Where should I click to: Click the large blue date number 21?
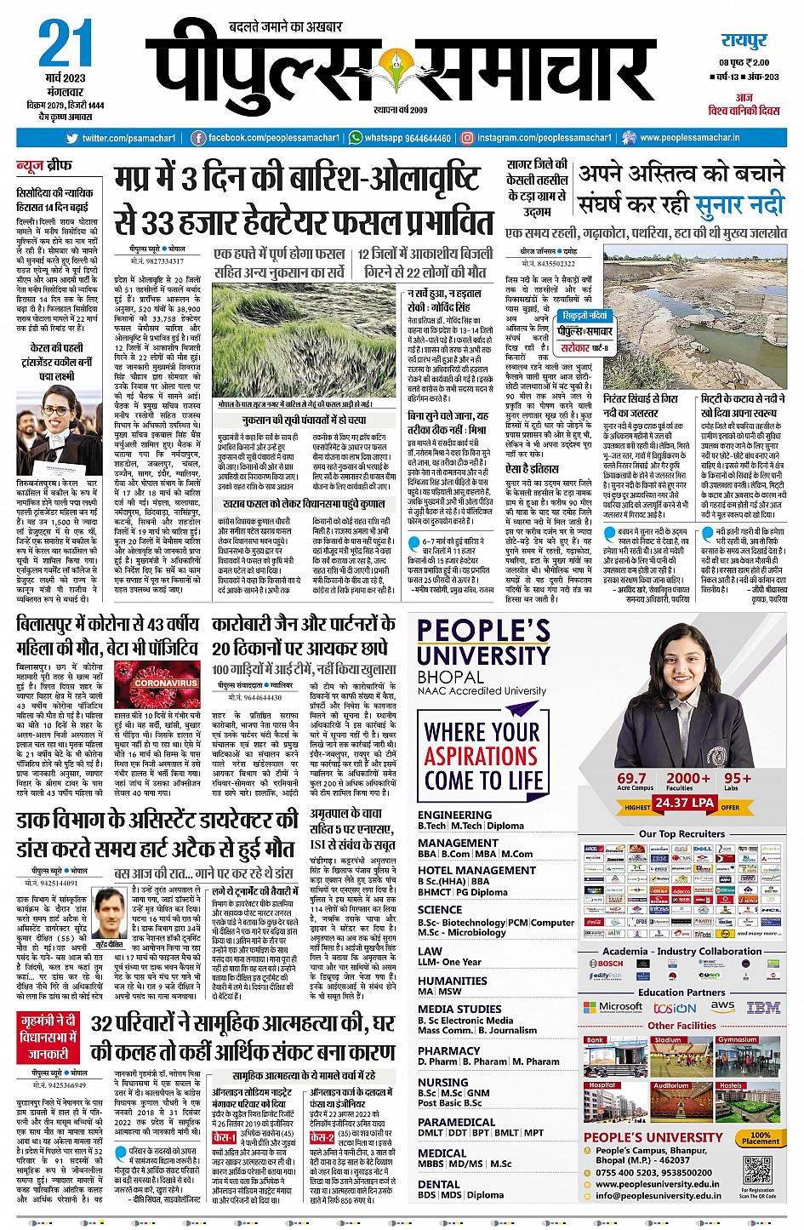point(65,44)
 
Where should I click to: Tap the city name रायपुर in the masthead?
point(744,41)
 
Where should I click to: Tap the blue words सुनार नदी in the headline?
point(738,204)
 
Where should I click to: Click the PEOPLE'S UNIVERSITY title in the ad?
point(483,643)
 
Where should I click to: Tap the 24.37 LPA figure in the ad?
point(683,803)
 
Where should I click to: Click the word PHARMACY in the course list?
point(449,1051)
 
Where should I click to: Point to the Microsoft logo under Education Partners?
point(613,1007)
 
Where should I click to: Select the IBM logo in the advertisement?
point(763,1007)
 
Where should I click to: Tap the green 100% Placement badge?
point(760,1138)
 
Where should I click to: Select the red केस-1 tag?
point(224,1137)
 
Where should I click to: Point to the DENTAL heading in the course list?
point(439,1184)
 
